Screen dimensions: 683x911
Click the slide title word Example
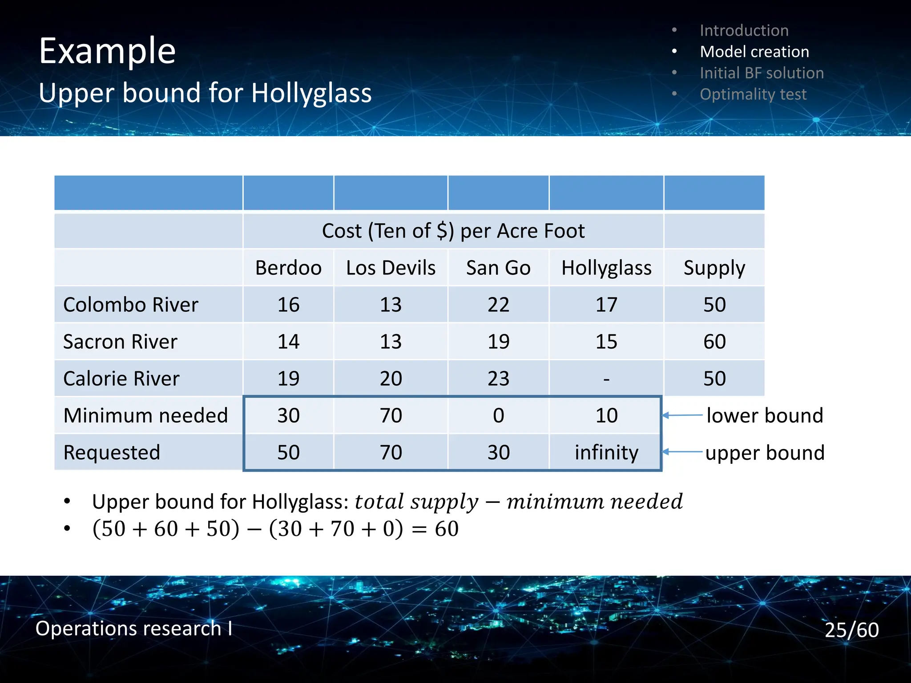tap(107, 51)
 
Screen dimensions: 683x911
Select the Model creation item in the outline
tap(754, 52)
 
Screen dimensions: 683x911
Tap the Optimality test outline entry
tap(753, 94)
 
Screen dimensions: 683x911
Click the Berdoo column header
tap(288, 268)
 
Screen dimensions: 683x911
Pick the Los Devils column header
tap(391, 268)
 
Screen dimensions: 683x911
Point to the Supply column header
tap(714, 268)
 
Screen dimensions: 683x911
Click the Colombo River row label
tap(131, 305)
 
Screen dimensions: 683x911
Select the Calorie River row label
tap(121, 378)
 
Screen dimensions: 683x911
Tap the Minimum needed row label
tap(145, 415)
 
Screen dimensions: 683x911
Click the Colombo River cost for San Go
tap(498, 305)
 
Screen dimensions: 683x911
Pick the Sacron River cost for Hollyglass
tap(606, 341)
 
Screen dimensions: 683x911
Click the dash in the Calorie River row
tap(606, 379)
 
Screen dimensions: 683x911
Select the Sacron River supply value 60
tap(714, 341)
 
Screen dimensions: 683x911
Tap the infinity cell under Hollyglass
tap(606, 452)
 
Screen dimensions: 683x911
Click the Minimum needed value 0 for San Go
tap(498, 415)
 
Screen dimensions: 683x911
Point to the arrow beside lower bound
tap(682, 415)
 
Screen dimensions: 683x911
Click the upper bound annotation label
tap(765, 453)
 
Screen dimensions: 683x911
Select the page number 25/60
tap(851, 630)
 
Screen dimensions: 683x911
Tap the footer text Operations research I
tap(133, 628)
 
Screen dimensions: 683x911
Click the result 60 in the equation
tap(447, 529)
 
